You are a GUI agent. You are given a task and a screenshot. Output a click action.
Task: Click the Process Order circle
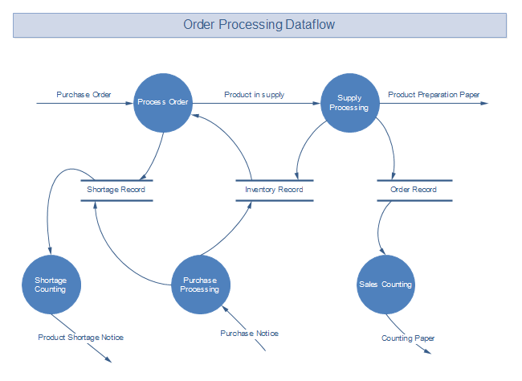click(x=163, y=103)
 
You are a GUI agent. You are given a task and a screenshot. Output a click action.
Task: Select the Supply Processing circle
click(x=350, y=103)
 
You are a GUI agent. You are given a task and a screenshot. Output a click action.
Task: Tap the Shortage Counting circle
click(x=51, y=285)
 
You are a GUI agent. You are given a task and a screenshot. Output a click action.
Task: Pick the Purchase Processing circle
click(x=201, y=285)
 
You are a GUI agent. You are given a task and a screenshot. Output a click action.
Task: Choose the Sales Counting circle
click(x=385, y=285)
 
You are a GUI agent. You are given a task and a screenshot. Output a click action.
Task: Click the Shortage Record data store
click(x=116, y=190)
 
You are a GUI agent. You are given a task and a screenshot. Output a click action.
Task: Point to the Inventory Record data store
click(x=275, y=190)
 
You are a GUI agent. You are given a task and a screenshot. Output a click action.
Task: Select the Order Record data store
click(x=414, y=190)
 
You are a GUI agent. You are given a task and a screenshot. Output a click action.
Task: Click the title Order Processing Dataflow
click(x=259, y=25)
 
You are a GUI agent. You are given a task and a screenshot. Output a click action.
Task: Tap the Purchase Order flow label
click(x=84, y=95)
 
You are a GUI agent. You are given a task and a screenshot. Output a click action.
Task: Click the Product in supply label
click(x=255, y=95)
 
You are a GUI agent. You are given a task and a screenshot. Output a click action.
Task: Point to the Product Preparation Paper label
click(x=434, y=95)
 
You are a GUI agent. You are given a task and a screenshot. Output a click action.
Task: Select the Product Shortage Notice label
click(x=80, y=338)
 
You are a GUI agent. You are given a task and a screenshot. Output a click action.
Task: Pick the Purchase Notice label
click(x=249, y=334)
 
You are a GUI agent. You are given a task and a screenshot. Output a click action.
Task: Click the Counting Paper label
click(x=408, y=338)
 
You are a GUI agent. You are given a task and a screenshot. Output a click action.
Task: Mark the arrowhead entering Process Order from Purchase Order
click(x=129, y=104)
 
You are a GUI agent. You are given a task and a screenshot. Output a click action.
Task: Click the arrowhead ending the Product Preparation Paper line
click(x=484, y=104)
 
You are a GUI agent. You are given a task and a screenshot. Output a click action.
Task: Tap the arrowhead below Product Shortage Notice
click(x=108, y=359)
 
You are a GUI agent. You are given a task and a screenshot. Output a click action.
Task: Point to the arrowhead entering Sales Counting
click(x=382, y=251)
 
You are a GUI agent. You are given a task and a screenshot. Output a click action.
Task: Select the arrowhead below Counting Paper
click(x=428, y=351)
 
